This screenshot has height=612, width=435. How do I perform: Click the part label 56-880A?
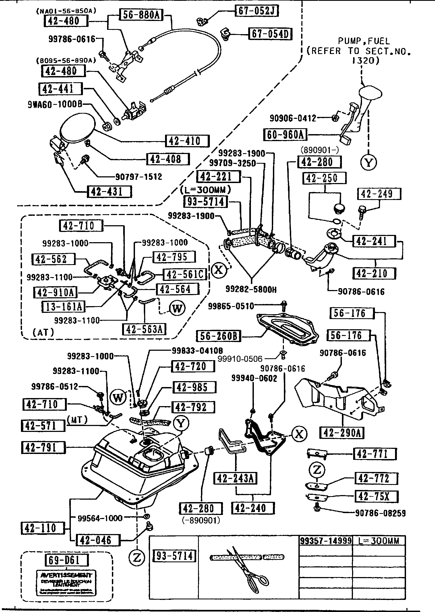tap(141, 15)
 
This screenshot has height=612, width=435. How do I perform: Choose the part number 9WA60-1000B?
tap(55, 104)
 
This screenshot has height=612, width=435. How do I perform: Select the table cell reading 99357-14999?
tap(326, 541)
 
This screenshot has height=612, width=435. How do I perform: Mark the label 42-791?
tap(43, 448)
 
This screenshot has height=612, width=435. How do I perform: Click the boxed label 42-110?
tap(43, 528)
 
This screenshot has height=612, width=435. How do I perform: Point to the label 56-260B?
tap(218, 336)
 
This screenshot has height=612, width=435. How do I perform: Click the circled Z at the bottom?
tap(137, 557)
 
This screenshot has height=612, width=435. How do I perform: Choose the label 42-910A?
tap(55, 292)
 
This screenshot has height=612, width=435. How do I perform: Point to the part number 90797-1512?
tap(139, 177)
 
